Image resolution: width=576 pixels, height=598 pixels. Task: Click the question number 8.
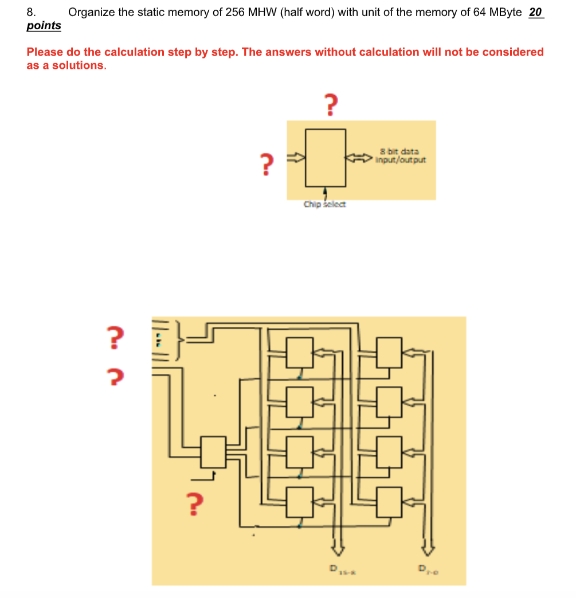(x=31, y=12)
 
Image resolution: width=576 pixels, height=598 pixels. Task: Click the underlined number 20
(x=535, y=12)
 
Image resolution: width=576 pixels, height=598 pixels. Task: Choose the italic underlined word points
(x=44, y=26)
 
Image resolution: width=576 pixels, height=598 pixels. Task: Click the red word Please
(x=46, y=52)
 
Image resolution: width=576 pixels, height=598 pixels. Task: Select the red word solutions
(x=80, y=65)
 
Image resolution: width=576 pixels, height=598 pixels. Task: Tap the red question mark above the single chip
(x=330, y=105)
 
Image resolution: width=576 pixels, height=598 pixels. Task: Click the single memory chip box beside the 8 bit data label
(x=326, y=158)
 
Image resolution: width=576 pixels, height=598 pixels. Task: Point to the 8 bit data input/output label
(x=400, y=156)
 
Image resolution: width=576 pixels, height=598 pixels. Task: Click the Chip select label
(x=324, y=204)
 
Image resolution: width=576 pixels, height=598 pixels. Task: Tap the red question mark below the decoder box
(x=195, y=503)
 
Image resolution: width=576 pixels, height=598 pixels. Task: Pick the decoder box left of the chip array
(x=213, y=452)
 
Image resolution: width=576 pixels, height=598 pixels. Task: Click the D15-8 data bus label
(x=340, y=570)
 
